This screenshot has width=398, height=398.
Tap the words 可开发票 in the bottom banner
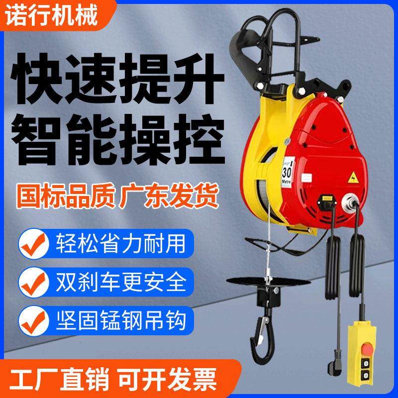173,377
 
